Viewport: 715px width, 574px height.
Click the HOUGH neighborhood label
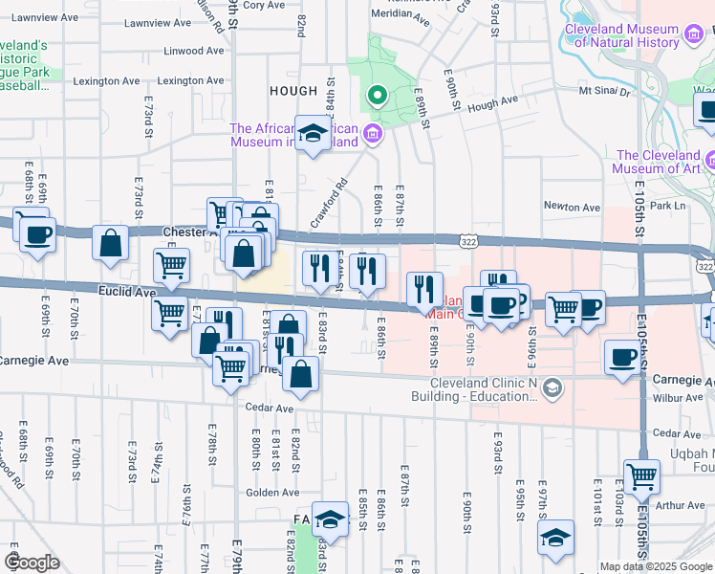[x=293, y=91]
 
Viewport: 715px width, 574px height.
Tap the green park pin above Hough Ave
[x=377, y=96]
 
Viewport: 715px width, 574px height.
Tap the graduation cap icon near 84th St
[x=312, y=133]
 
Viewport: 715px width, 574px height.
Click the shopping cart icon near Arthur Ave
[x=640, y=475]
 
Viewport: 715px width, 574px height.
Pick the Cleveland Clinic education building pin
[x=552, y=387]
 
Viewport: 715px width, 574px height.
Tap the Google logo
[x=32, y=563]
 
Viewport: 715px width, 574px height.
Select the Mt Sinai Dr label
[x=605, y=92]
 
